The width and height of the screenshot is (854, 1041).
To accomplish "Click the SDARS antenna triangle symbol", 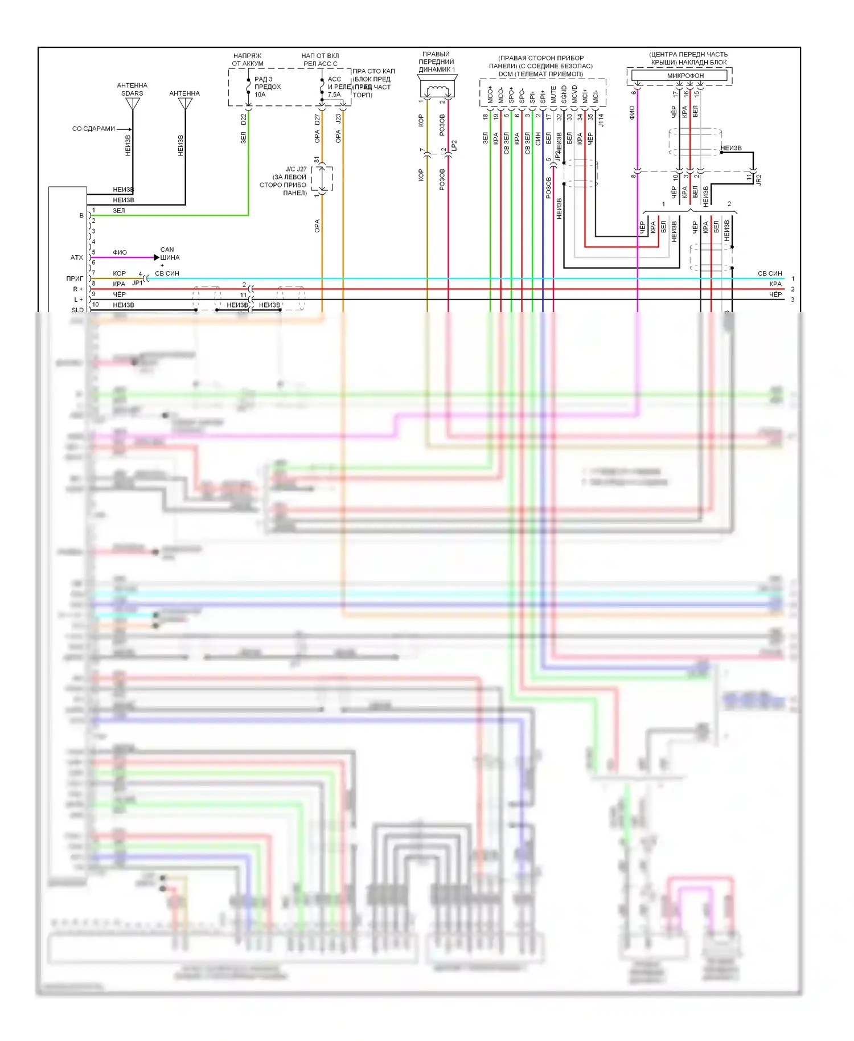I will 133,104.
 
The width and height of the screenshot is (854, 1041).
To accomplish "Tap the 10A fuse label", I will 260,95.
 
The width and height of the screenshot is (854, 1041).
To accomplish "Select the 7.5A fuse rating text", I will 334,95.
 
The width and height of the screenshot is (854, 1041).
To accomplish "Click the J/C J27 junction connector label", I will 296,169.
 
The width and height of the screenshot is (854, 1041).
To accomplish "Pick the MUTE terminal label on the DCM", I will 553,95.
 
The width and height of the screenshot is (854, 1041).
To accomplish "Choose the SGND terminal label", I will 564,95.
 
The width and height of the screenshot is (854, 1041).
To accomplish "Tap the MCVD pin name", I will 574,95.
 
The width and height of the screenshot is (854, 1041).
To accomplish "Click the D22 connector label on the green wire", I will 244,120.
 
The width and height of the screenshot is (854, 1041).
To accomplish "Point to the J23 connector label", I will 338,120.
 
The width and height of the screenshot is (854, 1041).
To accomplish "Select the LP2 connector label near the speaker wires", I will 454,146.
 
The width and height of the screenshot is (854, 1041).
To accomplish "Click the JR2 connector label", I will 758,179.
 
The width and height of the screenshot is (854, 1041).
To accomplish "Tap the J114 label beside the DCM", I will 601,120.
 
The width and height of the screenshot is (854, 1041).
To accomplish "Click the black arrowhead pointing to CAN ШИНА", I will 157,257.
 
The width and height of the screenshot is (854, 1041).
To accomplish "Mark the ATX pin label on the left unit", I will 77,257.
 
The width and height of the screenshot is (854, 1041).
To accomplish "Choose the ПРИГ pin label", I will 75,278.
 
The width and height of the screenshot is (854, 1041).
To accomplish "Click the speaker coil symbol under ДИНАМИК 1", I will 437,89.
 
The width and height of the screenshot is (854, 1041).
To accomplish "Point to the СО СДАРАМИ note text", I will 93,129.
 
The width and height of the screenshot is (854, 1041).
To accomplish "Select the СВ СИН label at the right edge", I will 770,273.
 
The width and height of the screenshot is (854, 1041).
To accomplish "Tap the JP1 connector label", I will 137,282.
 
